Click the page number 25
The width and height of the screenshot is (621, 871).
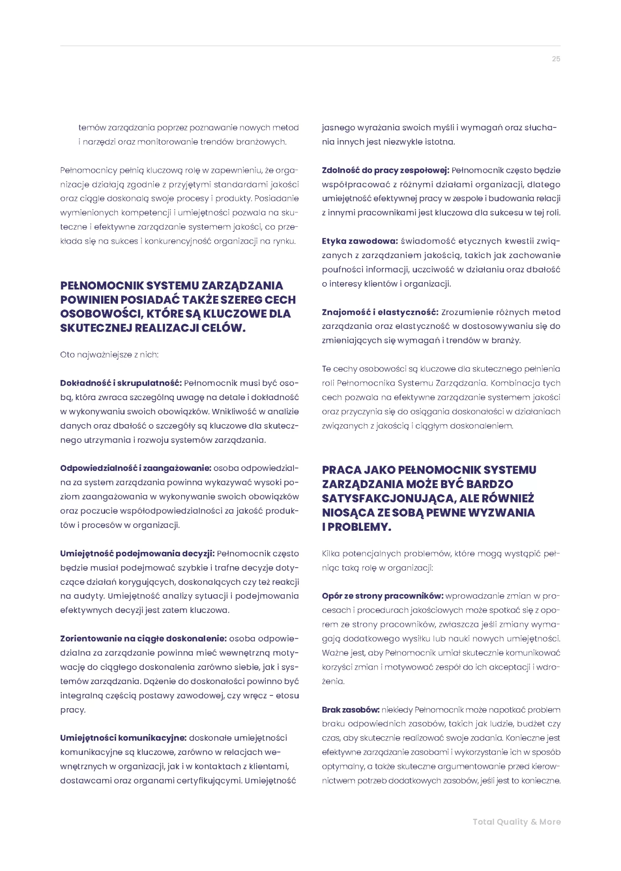click(556, 59)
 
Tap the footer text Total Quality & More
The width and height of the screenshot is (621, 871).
click(516, 822)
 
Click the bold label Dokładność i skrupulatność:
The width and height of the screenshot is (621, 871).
click(121, 383)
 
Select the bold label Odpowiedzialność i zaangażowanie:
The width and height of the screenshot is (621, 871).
click(136, 468)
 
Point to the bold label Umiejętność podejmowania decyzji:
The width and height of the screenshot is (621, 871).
click(137, 553)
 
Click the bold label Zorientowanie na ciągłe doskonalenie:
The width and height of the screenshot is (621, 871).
click(143, 639)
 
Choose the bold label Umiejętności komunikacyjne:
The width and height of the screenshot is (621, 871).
click(123, 738)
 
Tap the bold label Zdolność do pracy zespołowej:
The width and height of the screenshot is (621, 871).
click(385, 171)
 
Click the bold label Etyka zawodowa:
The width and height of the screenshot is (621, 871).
click(360, 241)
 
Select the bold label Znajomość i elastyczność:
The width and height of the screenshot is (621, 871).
click(380, 312)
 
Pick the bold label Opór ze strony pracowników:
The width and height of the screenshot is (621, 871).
click(382, 596)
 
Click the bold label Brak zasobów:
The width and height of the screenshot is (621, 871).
click(351, 710)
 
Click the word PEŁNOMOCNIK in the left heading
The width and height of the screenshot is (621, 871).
click(101, 286)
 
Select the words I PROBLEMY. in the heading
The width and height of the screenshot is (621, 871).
click(357, 527)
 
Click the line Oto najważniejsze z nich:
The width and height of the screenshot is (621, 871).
click(109, 355)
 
